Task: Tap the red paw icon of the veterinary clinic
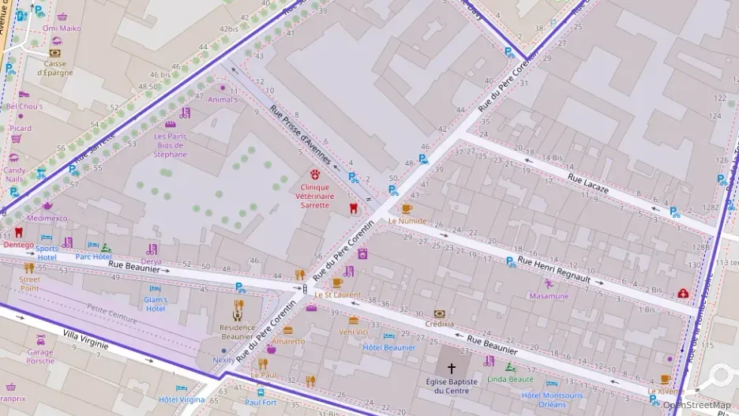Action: click(x=317, y=173)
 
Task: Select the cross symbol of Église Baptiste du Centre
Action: click(x=452, y=368)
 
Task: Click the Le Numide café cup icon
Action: click(x=407, y=209)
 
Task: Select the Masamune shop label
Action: click(x=549, y=296)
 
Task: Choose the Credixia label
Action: click(x=439, y=324)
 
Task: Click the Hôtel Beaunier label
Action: click(x=388, y=347)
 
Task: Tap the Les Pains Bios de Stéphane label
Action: click(x=171, y=144)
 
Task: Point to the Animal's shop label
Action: click(x=223, y=100)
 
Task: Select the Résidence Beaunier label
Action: click(x=237, y=332)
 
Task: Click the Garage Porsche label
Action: click(x=41, y=357)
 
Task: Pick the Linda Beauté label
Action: click(x=511, y=379)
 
